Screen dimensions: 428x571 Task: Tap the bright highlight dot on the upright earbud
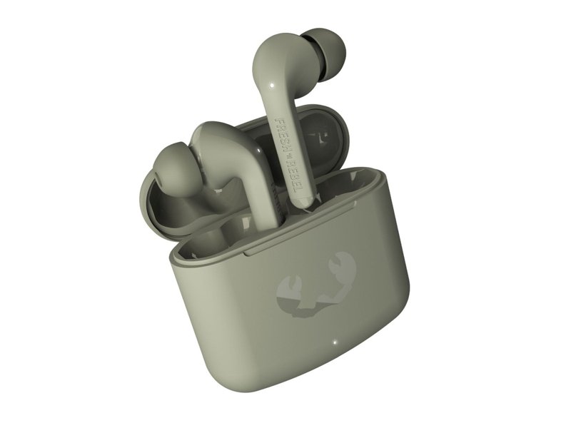tap(268, 87)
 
